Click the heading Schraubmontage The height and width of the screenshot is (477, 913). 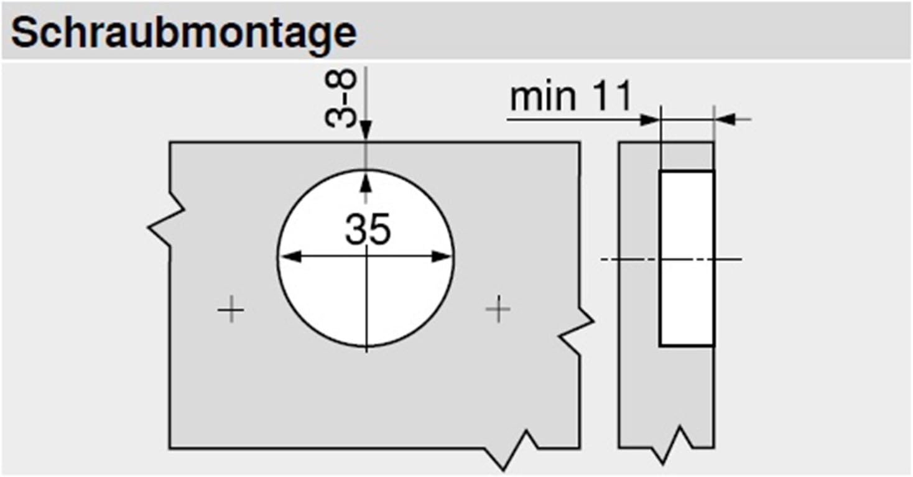pos(183,33)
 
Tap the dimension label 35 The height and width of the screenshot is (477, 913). pos(368,229)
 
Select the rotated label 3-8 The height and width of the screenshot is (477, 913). pos(341,98)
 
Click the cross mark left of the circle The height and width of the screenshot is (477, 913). pos(230,309)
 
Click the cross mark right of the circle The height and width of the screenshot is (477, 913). pos(498,309)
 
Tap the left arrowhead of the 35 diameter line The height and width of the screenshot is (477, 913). pos(287,257)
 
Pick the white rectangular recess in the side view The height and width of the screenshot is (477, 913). pos(686,257)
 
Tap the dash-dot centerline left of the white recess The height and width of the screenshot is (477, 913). pos(628,258)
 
